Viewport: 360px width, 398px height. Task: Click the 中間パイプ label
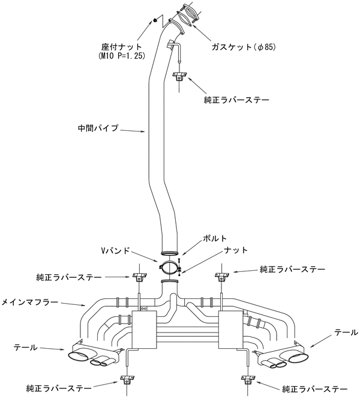[x=99, y=128]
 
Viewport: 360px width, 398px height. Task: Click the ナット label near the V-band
[x=235, y=249]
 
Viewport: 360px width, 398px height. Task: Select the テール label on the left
[x=25, y=347]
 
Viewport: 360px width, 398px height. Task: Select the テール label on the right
[x=346, y=331]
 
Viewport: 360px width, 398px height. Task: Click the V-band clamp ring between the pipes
[x=169, y=268]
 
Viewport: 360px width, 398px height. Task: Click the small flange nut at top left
[x=155, y=21]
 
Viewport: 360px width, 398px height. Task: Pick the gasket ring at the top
[x=187, y=16]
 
